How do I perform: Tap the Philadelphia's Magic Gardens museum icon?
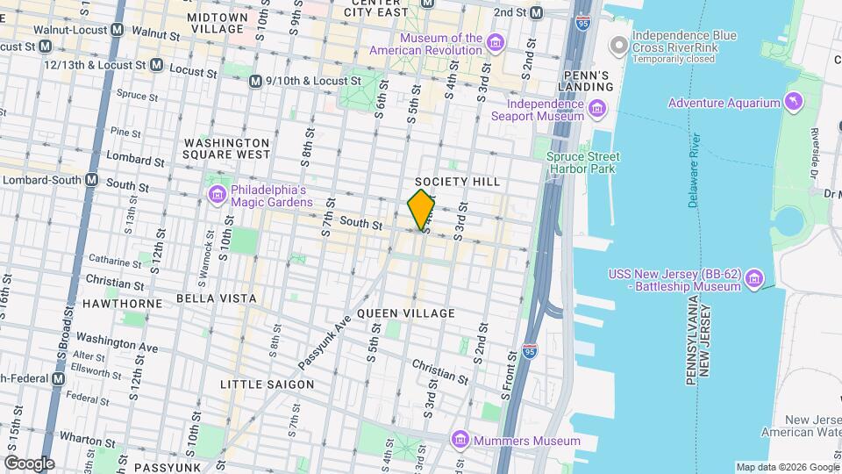tap(217, 194)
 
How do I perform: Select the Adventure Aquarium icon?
tap(794, 103)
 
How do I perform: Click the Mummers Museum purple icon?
tap(459, 440)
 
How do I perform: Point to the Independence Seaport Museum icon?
tap(597, 110)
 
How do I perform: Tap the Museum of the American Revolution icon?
tap(496, 44)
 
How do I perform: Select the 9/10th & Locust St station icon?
tap(255, 82)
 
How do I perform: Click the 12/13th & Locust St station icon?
tap(156, 65)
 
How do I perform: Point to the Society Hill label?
tap(470, 182)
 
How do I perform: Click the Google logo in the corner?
tap(29, 463)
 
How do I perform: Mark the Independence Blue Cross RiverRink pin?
tap(618, 44)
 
